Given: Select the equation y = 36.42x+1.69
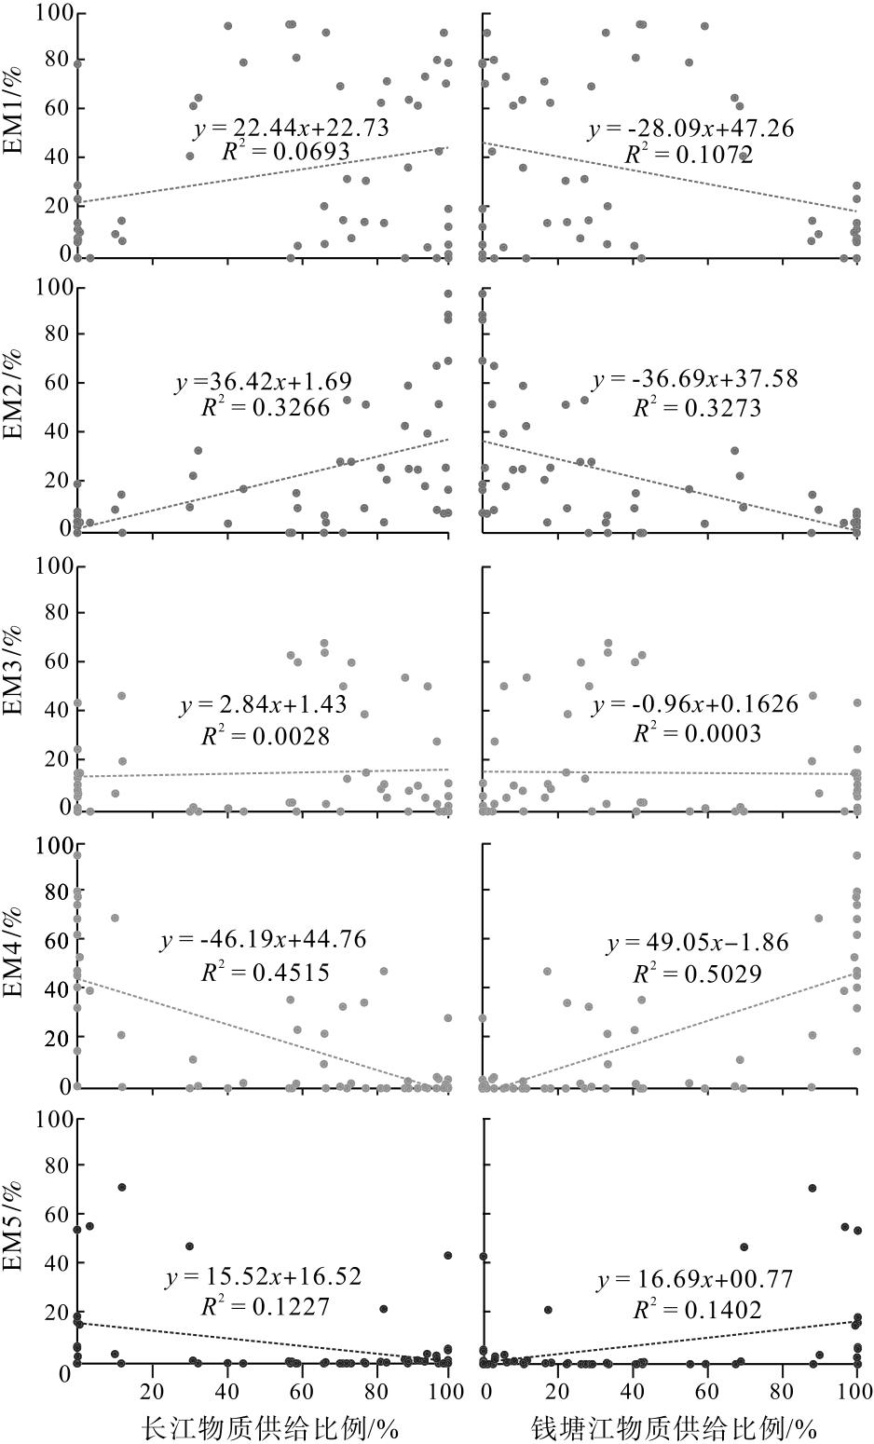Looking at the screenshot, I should tap(263, 382).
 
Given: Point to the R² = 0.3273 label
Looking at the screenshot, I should tap(697, 407).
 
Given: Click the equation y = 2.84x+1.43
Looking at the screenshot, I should tap(263, 705).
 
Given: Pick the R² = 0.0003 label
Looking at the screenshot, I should tap(697, 733).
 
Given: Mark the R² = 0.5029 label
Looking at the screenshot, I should tap(697, 973).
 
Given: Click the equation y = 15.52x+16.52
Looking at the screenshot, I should tap(263, 1276).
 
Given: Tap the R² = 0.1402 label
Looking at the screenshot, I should tap(697, 1310).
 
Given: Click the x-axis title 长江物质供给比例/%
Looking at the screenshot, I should tap(269, 1427).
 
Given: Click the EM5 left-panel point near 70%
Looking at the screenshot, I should tap(121, 1187).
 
